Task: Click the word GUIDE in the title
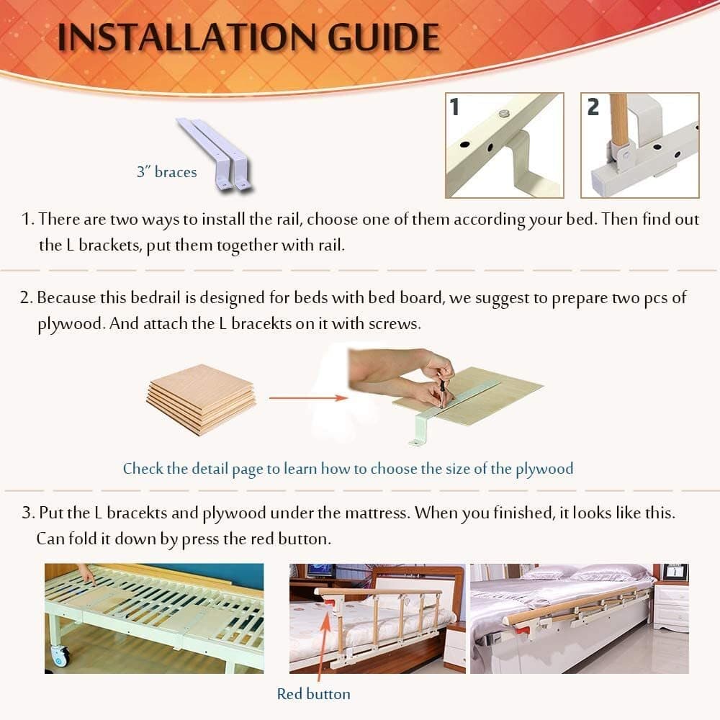[x=381, y=38]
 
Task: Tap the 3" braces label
[x=166, y=172]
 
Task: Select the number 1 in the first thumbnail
[x=454, y=107]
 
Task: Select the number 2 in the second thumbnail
[x=593, y=107]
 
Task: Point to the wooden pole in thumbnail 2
[x=618, y=119]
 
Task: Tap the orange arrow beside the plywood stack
[x=303, y=397]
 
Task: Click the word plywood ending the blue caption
[x=544, y=469]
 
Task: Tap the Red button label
[x=314, y=694]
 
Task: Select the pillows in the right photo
[x=583, y=572]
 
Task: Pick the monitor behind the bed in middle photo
[x=319, y=570]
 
